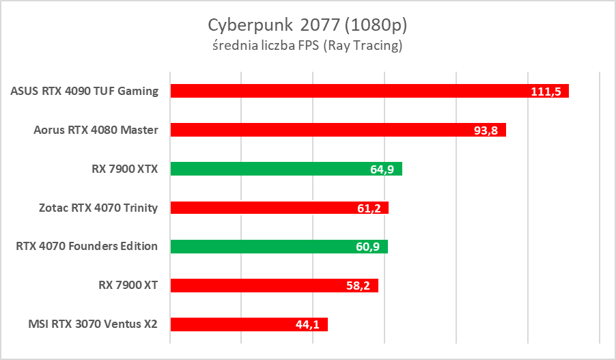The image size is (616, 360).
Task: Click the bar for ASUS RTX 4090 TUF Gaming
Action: (369, 91)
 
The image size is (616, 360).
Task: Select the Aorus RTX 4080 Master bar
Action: (337, 130)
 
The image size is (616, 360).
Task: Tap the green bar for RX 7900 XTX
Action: (285, 169)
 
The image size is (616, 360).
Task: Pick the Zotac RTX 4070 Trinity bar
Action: (279, 208)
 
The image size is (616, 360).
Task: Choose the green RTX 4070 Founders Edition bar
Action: (279, 247)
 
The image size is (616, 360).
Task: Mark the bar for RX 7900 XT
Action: (273, 286)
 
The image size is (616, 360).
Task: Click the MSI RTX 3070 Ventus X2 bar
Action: (249, 324)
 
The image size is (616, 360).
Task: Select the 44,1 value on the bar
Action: (307, 325)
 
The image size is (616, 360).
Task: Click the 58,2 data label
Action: (358, 286)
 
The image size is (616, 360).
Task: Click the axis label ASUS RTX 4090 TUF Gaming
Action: (85, 91)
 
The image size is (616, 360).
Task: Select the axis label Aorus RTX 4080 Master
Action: (96, 130)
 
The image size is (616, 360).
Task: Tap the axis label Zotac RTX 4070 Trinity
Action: (98, 208)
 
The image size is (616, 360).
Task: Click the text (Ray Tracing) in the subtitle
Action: (363, 46)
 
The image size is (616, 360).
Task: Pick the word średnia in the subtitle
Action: (234, 46)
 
